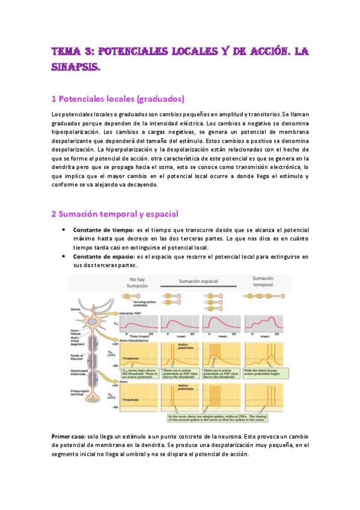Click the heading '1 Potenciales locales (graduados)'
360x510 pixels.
(118, 99)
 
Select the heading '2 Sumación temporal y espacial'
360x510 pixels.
(114, 214)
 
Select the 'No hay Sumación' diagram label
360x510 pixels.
(137, 282)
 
